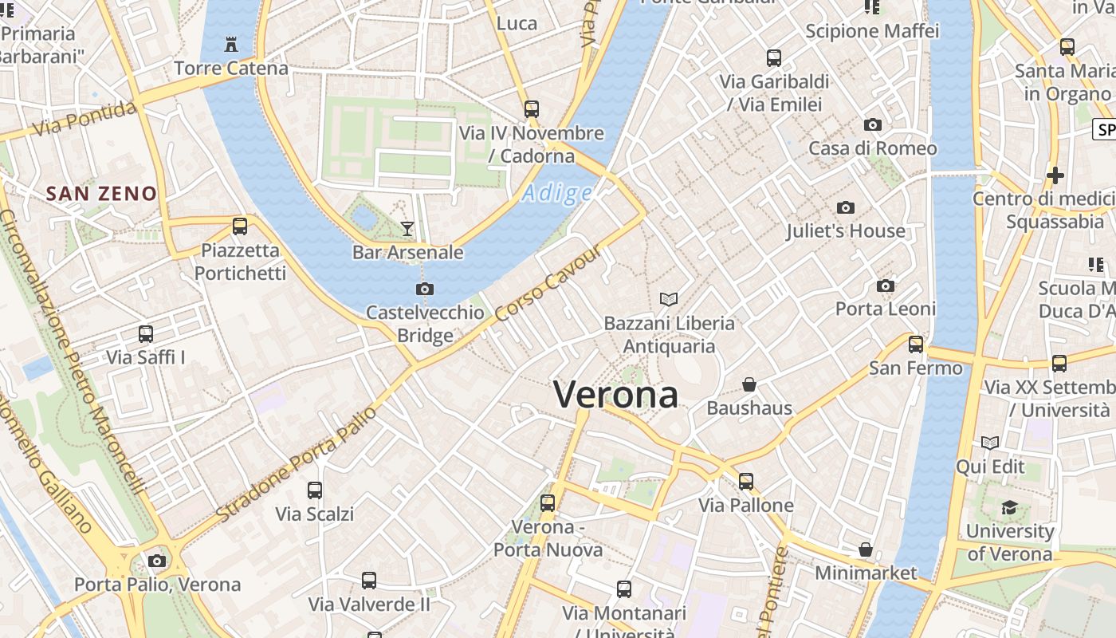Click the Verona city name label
615,395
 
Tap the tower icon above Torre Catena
231,44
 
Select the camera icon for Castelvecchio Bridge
425,289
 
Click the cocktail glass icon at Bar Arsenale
407,229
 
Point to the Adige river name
558,193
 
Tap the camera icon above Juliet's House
846,208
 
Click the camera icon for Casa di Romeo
873,125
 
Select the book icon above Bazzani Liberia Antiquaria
669,299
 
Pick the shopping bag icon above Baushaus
749,384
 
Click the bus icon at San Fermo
916,345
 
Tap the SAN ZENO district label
101,193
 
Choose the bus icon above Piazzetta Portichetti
240,226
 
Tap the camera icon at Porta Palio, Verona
157,561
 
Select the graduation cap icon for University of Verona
1009,507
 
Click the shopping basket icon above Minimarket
866,549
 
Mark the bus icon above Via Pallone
746,482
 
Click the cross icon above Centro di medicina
1055,175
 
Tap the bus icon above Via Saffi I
146,334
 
